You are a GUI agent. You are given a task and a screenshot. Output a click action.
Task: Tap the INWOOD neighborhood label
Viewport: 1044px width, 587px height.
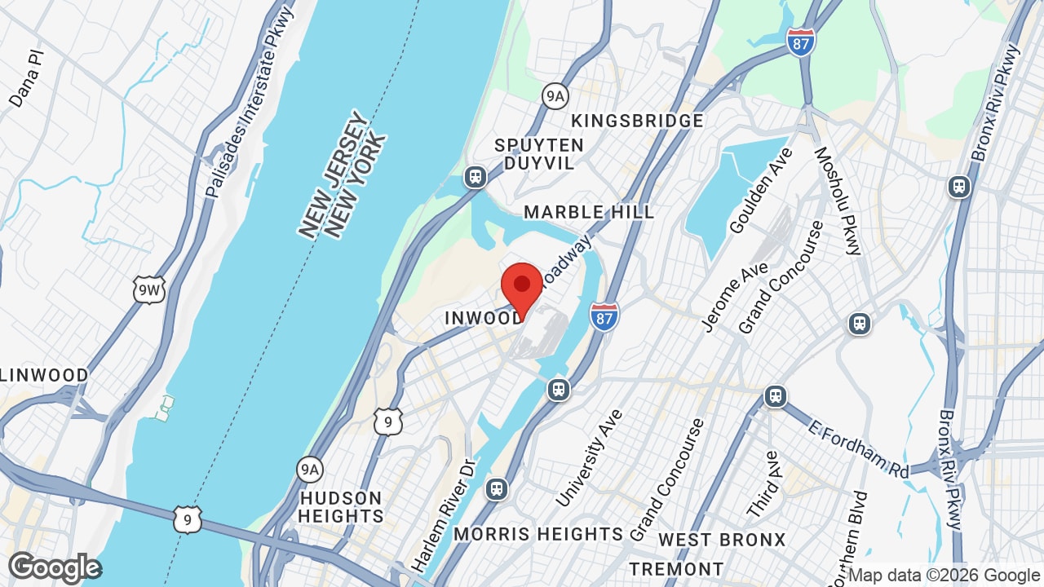click(x=483, y=318)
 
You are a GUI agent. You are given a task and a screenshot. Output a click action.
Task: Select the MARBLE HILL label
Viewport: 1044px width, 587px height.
click(x=589, y=212)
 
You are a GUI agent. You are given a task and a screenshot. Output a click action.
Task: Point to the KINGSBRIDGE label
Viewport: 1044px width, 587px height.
click(x=637, y=121)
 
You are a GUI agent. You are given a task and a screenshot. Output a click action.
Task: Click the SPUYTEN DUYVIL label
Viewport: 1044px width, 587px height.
click(x=539, y=154)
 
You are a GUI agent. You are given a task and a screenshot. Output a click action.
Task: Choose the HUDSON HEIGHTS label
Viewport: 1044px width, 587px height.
click(x=340, y=507)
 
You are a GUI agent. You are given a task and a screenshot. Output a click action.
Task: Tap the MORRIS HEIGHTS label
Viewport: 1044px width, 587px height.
click(x=538, y=534)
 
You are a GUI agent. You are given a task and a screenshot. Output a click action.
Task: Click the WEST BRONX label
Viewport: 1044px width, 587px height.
click(x=722, y=540)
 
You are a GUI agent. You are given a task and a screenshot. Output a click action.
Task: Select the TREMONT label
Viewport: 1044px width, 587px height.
click(x=676, y=568)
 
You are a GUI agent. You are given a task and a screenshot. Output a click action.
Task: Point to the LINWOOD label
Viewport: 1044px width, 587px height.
click(x=44, y=375)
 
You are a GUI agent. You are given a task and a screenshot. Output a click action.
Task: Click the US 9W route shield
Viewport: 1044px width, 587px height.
click(x=149, y=290)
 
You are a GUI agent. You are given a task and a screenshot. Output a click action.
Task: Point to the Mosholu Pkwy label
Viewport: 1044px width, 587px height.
click(x=838, y=201)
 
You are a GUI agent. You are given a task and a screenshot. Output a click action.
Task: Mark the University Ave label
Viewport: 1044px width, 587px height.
click(x=588, y=457)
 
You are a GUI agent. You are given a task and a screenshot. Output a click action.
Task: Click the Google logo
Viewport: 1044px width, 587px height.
click(x=55, y=567)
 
